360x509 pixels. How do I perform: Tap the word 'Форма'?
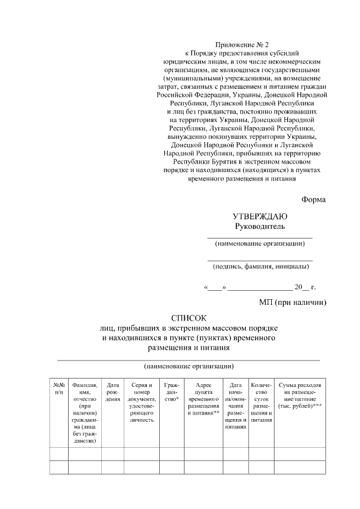(x=313, y=199)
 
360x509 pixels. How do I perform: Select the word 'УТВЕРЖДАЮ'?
(x=260, y=217)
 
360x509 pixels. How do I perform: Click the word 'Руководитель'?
(x=260, y=226)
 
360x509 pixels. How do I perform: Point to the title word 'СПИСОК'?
(x=189, y=317)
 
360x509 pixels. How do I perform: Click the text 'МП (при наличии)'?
(x=292, y=303)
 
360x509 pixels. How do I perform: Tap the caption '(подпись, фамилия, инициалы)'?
(x=260, y=267)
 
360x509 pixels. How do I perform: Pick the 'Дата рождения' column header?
(x=112, y=391)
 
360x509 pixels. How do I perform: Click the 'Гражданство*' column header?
(x=172, y=391)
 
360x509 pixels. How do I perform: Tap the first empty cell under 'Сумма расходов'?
(x=299, y=454)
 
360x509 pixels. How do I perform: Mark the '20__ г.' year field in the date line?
(x=305, y=287)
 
